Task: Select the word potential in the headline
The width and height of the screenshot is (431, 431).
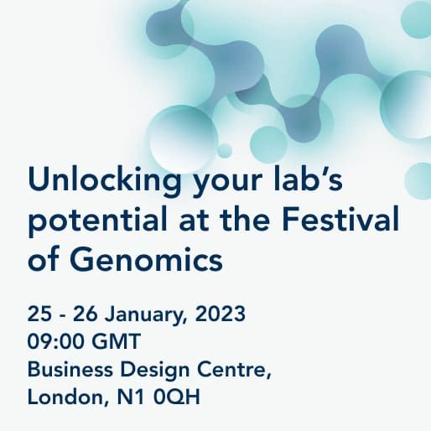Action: pyautogui.click(x=97, y=221)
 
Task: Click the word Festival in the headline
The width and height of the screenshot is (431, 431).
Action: pyautogui.click(x=340, y=218)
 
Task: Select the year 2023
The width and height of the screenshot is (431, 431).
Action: pyautogui.click(x=221, y=314)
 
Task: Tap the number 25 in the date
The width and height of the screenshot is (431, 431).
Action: pyautogui.click(x=39, y=314)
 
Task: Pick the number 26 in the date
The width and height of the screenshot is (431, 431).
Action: pyautogui.click(x=86, y=314)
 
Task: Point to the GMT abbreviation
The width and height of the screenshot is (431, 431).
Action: pyautogui.click(x=117, y=341)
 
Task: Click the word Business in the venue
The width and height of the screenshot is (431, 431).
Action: pyautogui.click(x=70, y=369)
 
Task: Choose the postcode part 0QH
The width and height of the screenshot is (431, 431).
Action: pyautogui.click(x=177, y=397)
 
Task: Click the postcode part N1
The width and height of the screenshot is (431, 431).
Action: pyautogui.click(x=131, y=397)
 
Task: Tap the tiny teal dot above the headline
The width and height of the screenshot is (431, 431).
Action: pyautogui.click(x=224, y=151)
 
